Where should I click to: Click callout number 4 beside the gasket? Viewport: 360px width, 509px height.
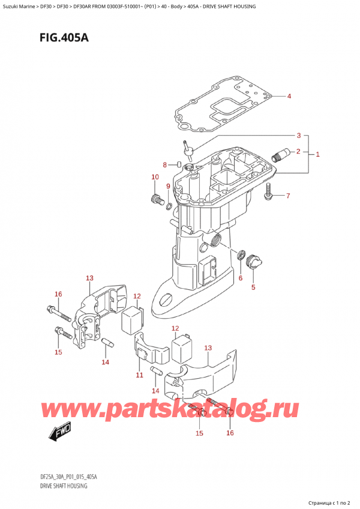(x=289, y=97)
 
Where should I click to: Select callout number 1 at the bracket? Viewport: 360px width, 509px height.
(x=318, y=155)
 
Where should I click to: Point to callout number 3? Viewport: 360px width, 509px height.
(x=298, y=135)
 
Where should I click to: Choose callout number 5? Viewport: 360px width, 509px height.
(x=253, y=287)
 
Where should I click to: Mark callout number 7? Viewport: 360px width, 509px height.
(x=288, y=196)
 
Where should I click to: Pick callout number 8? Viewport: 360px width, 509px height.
(x=165, y=165)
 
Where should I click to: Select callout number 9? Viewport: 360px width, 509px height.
(x=168, y=186)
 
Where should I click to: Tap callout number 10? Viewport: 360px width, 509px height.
(x=155, y=177)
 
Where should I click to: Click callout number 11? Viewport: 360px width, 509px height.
(x=139, y=375)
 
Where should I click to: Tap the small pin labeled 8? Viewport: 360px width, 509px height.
(x=179, y=164)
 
